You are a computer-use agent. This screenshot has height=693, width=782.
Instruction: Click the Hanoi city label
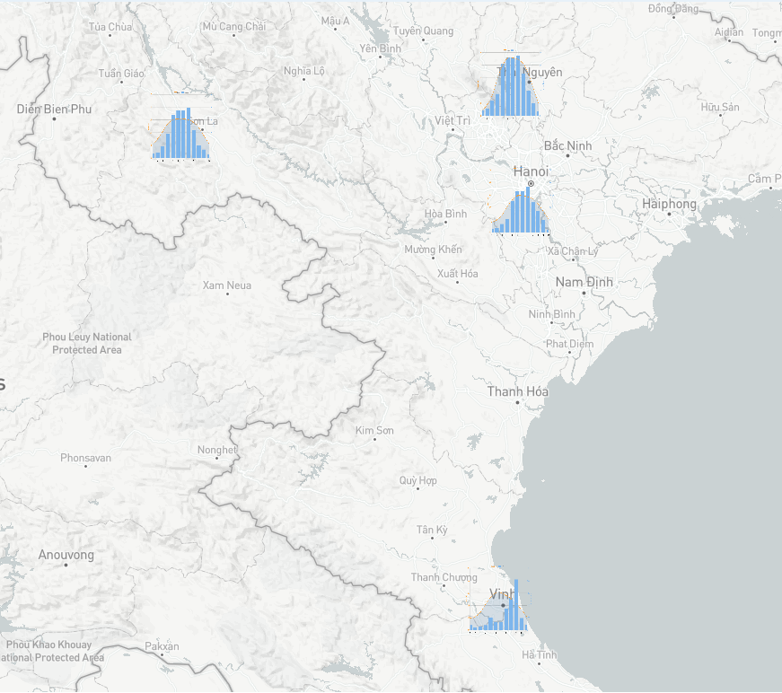(531, 171)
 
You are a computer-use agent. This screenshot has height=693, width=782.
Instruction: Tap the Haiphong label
(669, 205)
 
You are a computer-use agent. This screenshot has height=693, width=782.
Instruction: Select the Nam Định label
(584, 282)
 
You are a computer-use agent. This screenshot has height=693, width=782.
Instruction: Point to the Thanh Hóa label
(517, 391)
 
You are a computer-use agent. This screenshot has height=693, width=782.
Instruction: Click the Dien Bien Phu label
(54, 109)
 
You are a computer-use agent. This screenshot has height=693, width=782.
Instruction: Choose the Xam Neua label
(227, 285)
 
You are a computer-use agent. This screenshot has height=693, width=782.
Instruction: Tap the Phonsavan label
(86, 458)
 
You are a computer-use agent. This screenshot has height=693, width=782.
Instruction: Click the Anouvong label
(66, 555)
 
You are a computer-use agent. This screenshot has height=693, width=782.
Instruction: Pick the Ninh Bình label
(551, 314)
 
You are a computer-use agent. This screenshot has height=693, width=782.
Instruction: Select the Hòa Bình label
(445, 214)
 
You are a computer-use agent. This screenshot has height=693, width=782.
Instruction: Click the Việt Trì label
(453, 120)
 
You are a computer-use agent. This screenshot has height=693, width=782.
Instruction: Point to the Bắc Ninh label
(567, 145)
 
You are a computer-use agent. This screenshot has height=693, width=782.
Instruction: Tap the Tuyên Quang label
(423, 31)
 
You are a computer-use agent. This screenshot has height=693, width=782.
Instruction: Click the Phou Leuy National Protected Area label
(87, 343)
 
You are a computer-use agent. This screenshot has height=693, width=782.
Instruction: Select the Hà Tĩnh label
(540, 655)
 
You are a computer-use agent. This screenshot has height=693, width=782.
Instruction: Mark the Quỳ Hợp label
(418, 481)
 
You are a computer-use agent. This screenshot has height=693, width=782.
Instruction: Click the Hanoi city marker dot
(531, 183)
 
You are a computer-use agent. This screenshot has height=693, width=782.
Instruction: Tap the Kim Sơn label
(374, 431)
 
